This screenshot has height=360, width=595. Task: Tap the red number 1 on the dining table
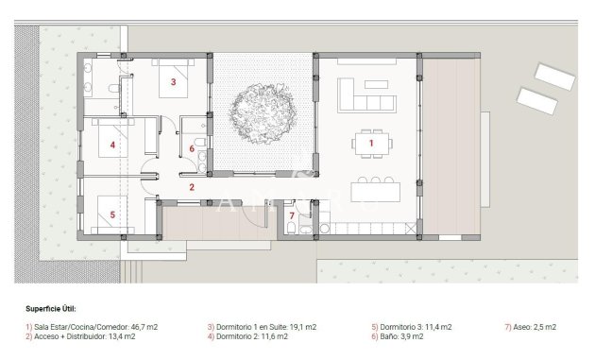tap(372, 143)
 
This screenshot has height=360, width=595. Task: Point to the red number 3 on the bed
tap(173, 81)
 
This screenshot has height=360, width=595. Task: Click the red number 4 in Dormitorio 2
tap(112, 145)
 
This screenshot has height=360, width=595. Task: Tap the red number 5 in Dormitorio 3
tap(112, 214)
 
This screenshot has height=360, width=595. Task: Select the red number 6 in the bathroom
tap(192, 148)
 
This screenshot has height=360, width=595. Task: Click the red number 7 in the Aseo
tap(292, 216)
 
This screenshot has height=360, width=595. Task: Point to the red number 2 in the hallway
tap(192, 187)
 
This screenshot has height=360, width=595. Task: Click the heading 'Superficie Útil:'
tap(51, 308)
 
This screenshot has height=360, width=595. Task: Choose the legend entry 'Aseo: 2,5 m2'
tap(529, 326)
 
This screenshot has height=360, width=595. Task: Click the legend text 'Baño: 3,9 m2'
tap(404, 335)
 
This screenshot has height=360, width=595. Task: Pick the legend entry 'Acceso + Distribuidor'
tap(69, 335)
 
